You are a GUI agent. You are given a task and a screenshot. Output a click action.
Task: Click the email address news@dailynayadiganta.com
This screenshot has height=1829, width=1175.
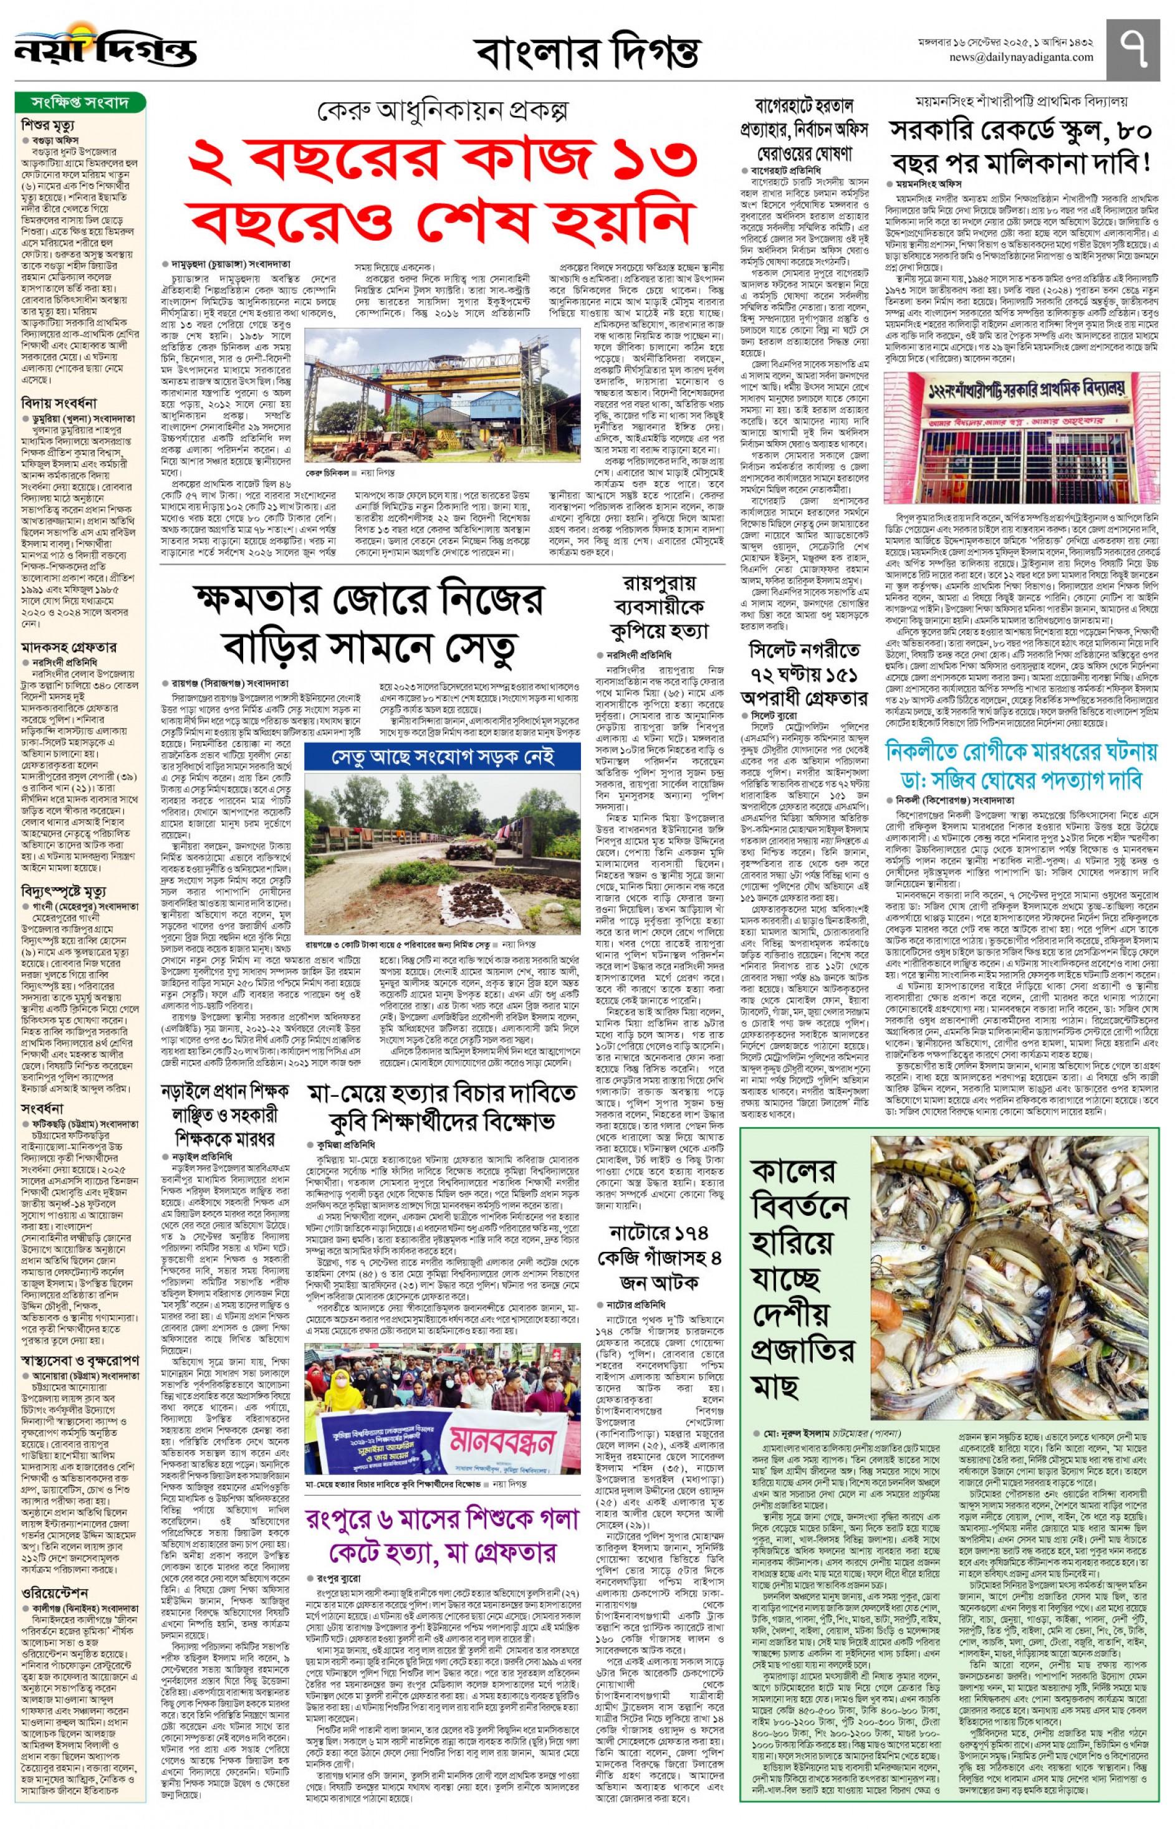tap(1020, 57)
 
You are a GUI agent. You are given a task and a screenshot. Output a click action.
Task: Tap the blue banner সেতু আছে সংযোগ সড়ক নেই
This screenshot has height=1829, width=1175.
tap(433, 757)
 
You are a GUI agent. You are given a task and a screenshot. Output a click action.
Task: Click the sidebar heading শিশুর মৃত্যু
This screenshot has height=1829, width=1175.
tap(48, 125)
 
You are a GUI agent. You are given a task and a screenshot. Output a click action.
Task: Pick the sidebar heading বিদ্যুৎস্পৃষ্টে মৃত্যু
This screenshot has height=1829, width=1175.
tap(64, 891)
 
